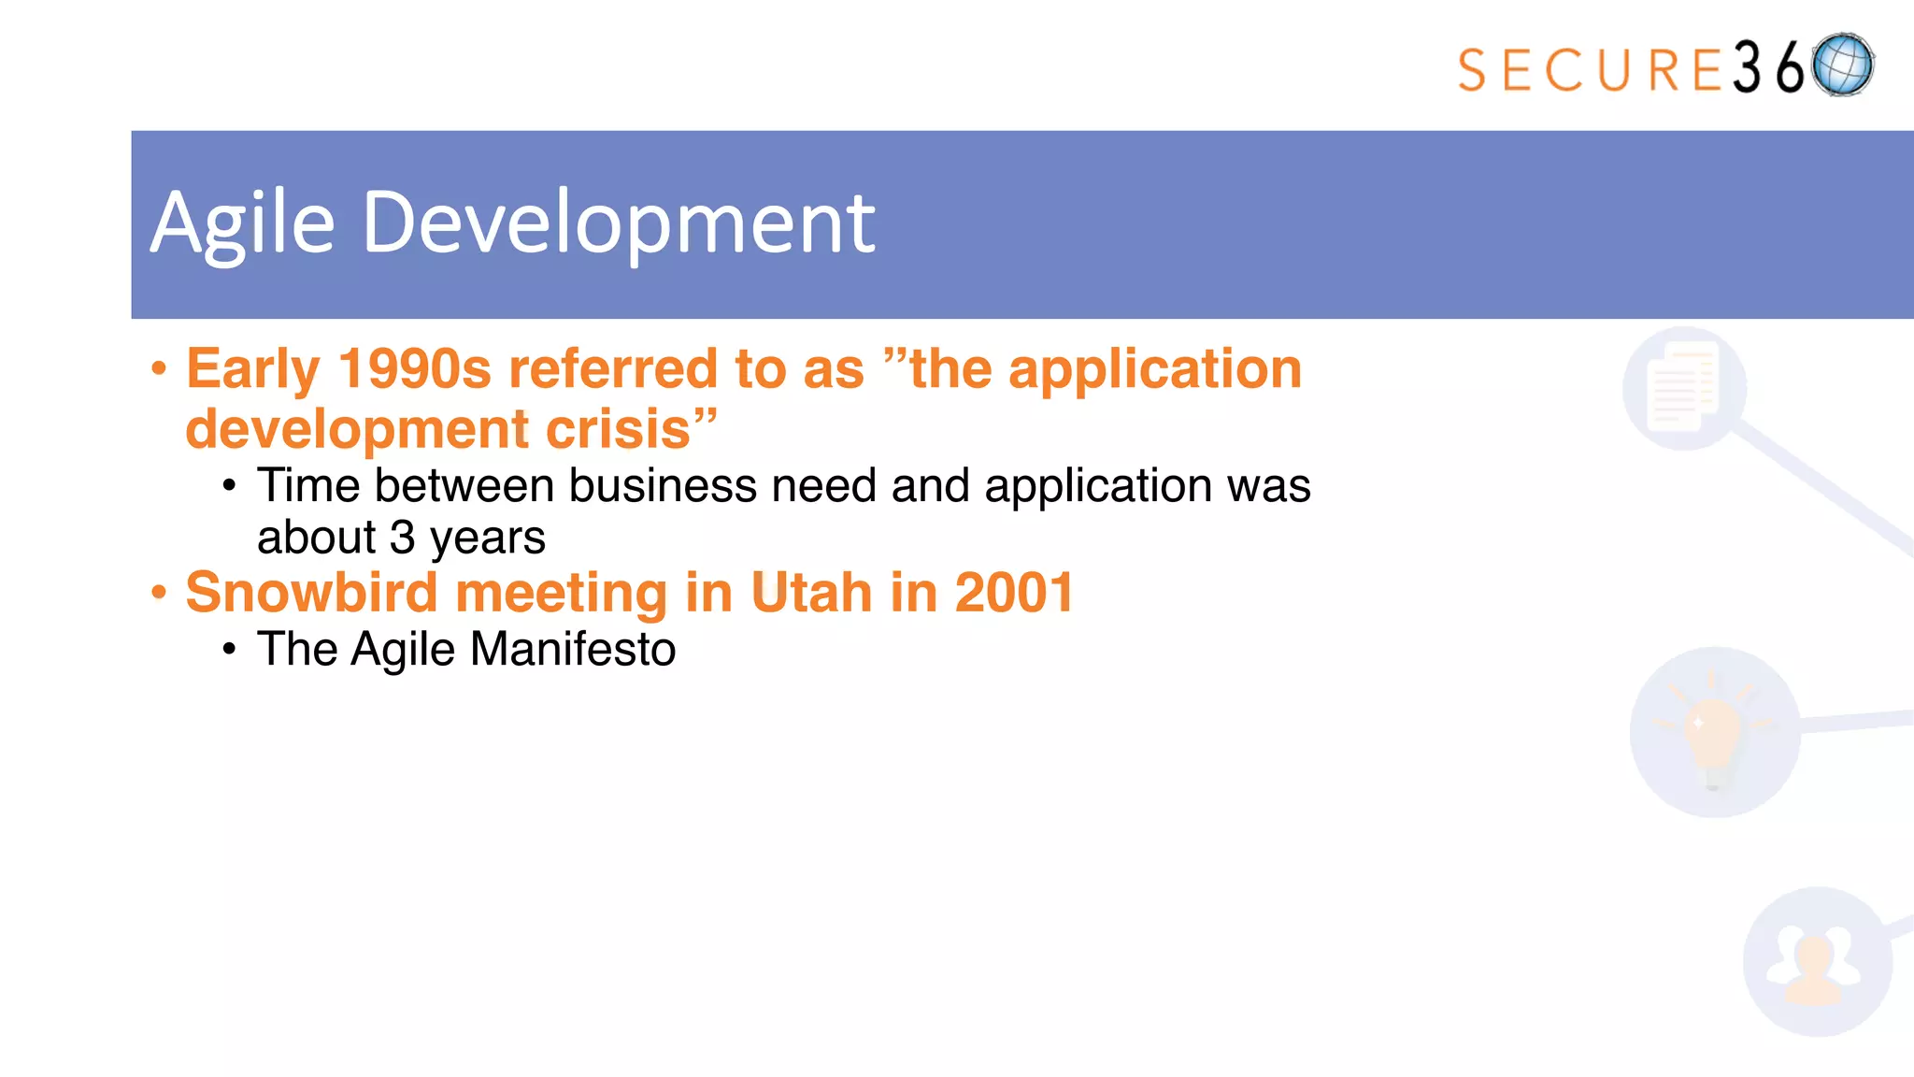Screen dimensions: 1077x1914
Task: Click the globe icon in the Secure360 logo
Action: click(1842, 65)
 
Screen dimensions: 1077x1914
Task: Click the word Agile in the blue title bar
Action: click(243, 224)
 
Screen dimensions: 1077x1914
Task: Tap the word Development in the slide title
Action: click(619, 224)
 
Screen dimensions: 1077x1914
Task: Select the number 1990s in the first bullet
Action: click(414, 368)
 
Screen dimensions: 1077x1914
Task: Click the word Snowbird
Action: click(311, 593)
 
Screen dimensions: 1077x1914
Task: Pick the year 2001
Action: click(1014, 593)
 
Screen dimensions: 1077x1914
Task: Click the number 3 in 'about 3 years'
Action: click(402, 538)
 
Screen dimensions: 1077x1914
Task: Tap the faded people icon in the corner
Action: click(1816, 962)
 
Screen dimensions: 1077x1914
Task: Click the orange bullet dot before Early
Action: click(159, 368)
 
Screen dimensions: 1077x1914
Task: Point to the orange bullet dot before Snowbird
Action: click(159, 593)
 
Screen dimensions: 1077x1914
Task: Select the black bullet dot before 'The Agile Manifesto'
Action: click(230, 649)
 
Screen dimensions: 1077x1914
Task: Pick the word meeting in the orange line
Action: click(561, 593)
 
